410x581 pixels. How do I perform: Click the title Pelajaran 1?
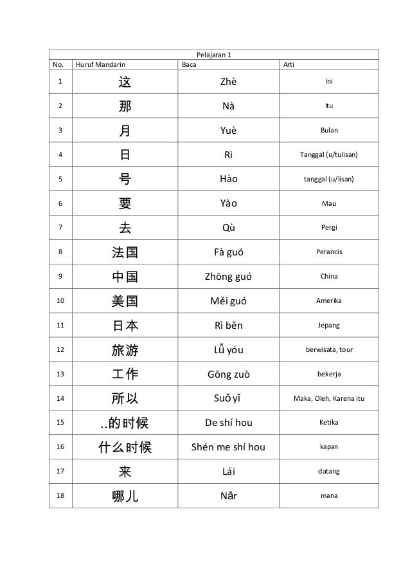(213, 55)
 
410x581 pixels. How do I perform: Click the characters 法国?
(125, 252)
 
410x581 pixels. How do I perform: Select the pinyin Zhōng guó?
(229, 277)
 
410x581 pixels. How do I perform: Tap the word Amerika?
(329, 301)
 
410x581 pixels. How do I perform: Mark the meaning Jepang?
(329, 326)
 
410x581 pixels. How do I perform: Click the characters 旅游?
(125, 350)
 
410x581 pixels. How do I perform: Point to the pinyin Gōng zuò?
(229, 374)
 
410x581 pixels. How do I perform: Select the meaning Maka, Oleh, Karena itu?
(329, 398)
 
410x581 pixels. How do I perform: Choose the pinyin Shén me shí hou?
(229, 447)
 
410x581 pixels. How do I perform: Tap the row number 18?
(60, 495)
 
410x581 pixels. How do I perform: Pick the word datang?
(329, 472)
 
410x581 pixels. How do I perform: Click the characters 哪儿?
(125, 496)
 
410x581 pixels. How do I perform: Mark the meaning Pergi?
(329, 228)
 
